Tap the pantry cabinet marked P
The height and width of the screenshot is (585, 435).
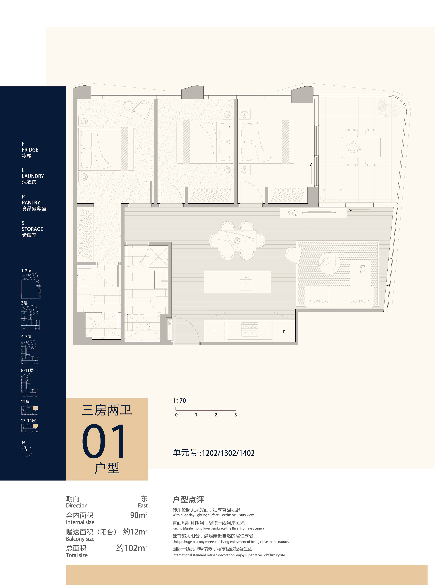(284, 331)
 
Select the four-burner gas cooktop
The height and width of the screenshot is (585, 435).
(249, 329)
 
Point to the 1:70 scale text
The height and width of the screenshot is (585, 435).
(179, 400)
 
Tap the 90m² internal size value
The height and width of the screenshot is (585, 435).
(139, 515)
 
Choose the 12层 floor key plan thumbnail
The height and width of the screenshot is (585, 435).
(30, 410)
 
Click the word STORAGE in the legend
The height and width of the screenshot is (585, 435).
(32, 229)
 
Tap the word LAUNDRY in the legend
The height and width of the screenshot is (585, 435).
(33, 176)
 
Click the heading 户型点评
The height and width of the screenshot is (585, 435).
(188, 500)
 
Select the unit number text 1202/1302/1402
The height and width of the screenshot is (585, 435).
(228, 453)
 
